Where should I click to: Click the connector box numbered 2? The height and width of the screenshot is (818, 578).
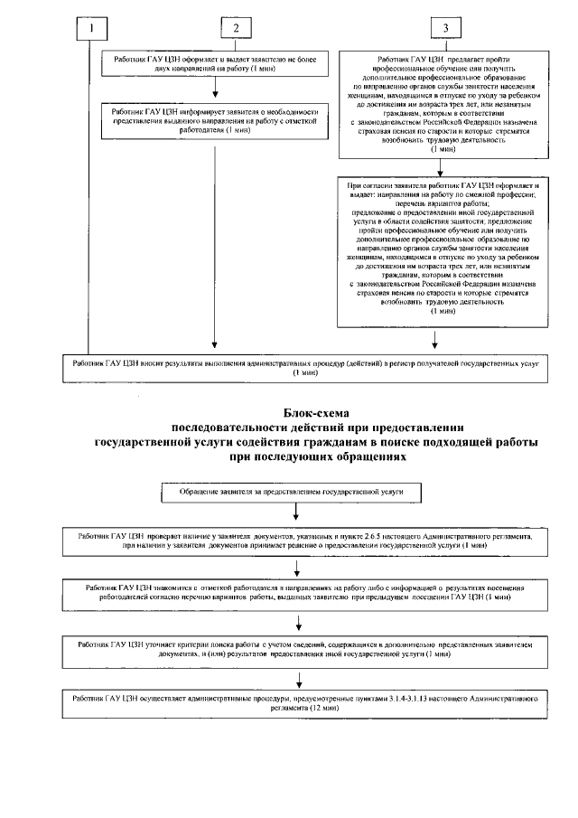(x=236, y=27)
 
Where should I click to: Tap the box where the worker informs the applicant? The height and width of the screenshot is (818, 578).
(x=214, y=120)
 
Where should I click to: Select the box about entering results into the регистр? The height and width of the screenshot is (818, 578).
(x=300, y=365)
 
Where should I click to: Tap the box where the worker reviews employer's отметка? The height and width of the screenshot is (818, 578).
(x=298, y=595)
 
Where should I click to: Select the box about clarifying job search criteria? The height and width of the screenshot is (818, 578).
(x=298, y=648)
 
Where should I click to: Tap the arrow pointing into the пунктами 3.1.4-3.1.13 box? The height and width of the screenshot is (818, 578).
(x=298, y=679)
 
